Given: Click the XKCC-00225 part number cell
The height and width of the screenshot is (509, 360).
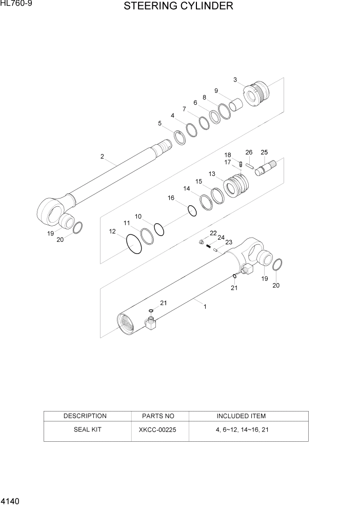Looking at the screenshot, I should [x=157, y=429].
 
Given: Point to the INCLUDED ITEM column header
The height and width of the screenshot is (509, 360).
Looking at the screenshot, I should [x=241, y=416].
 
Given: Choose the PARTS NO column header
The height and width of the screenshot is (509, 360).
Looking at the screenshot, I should [x=157, y=416].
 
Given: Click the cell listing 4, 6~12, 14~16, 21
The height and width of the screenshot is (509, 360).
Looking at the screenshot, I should [x=241, y=429].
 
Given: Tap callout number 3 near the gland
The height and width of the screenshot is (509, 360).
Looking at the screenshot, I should [x=235, y=80].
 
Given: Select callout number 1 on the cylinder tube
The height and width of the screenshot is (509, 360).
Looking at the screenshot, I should [x=205, y=307].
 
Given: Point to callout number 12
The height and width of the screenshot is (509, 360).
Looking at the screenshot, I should [x=112, y=231].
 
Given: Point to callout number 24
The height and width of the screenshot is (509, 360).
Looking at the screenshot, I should [x=221, y=238].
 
